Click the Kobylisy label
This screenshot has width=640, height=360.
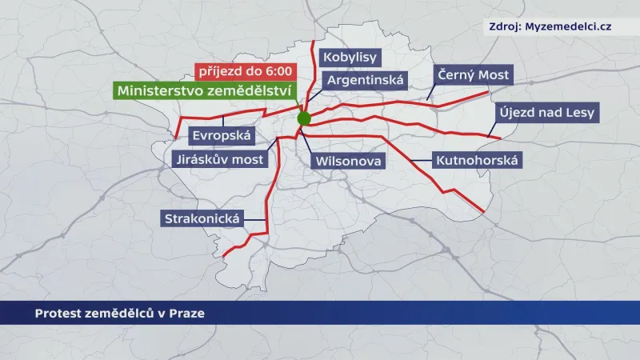point(349,58)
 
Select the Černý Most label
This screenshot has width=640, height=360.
point(472,76)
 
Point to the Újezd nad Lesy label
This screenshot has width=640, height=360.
point(546,112)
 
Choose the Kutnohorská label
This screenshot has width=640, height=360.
point(477,161)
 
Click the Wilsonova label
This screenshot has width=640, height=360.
point(349,161)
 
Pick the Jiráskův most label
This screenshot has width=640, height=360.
point(218,160)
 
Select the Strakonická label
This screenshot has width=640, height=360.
point(202,218)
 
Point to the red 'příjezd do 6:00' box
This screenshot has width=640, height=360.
point(245,70)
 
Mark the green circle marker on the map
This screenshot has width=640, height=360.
point(304,118)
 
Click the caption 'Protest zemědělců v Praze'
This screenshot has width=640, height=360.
point(119,313)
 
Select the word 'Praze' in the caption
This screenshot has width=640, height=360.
point(187,313)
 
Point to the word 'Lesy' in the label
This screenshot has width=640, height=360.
point(578,112)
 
